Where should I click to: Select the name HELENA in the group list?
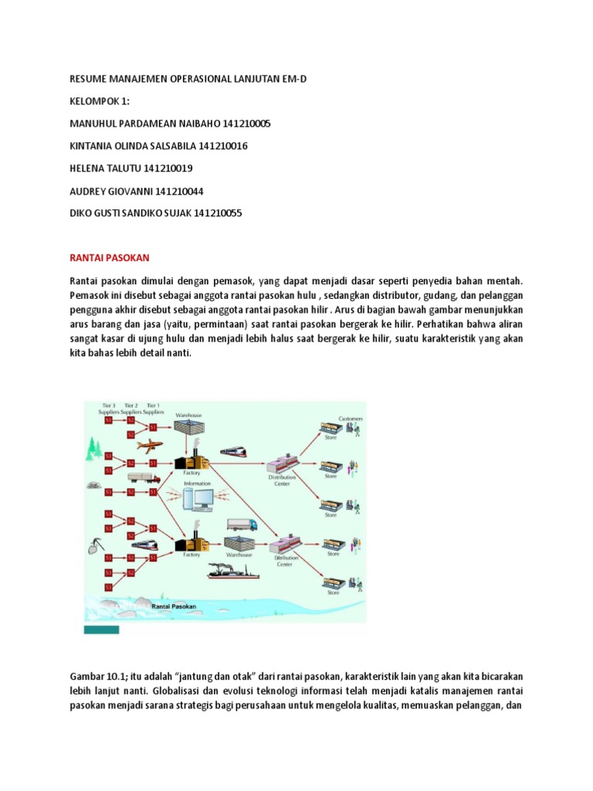88,168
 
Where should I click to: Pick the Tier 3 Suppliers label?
107,409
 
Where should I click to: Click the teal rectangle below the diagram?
100,630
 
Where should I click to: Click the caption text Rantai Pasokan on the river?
175,606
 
